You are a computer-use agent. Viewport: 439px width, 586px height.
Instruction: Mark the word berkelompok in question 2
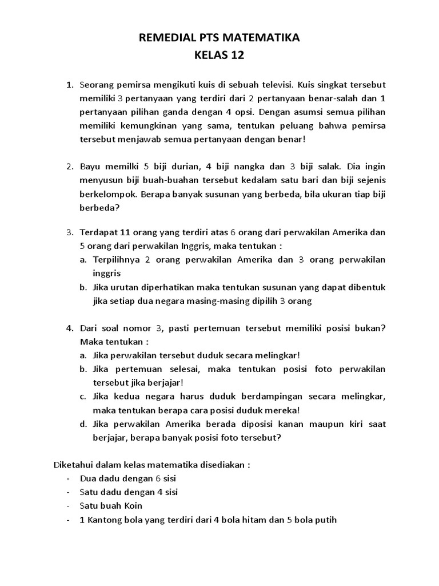coord(106,195)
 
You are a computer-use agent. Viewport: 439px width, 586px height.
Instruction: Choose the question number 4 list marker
coord(69,328)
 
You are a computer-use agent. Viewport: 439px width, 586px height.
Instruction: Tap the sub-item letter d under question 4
coord(83,424)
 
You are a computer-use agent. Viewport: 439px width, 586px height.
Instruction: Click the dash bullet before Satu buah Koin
coord(68,506)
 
